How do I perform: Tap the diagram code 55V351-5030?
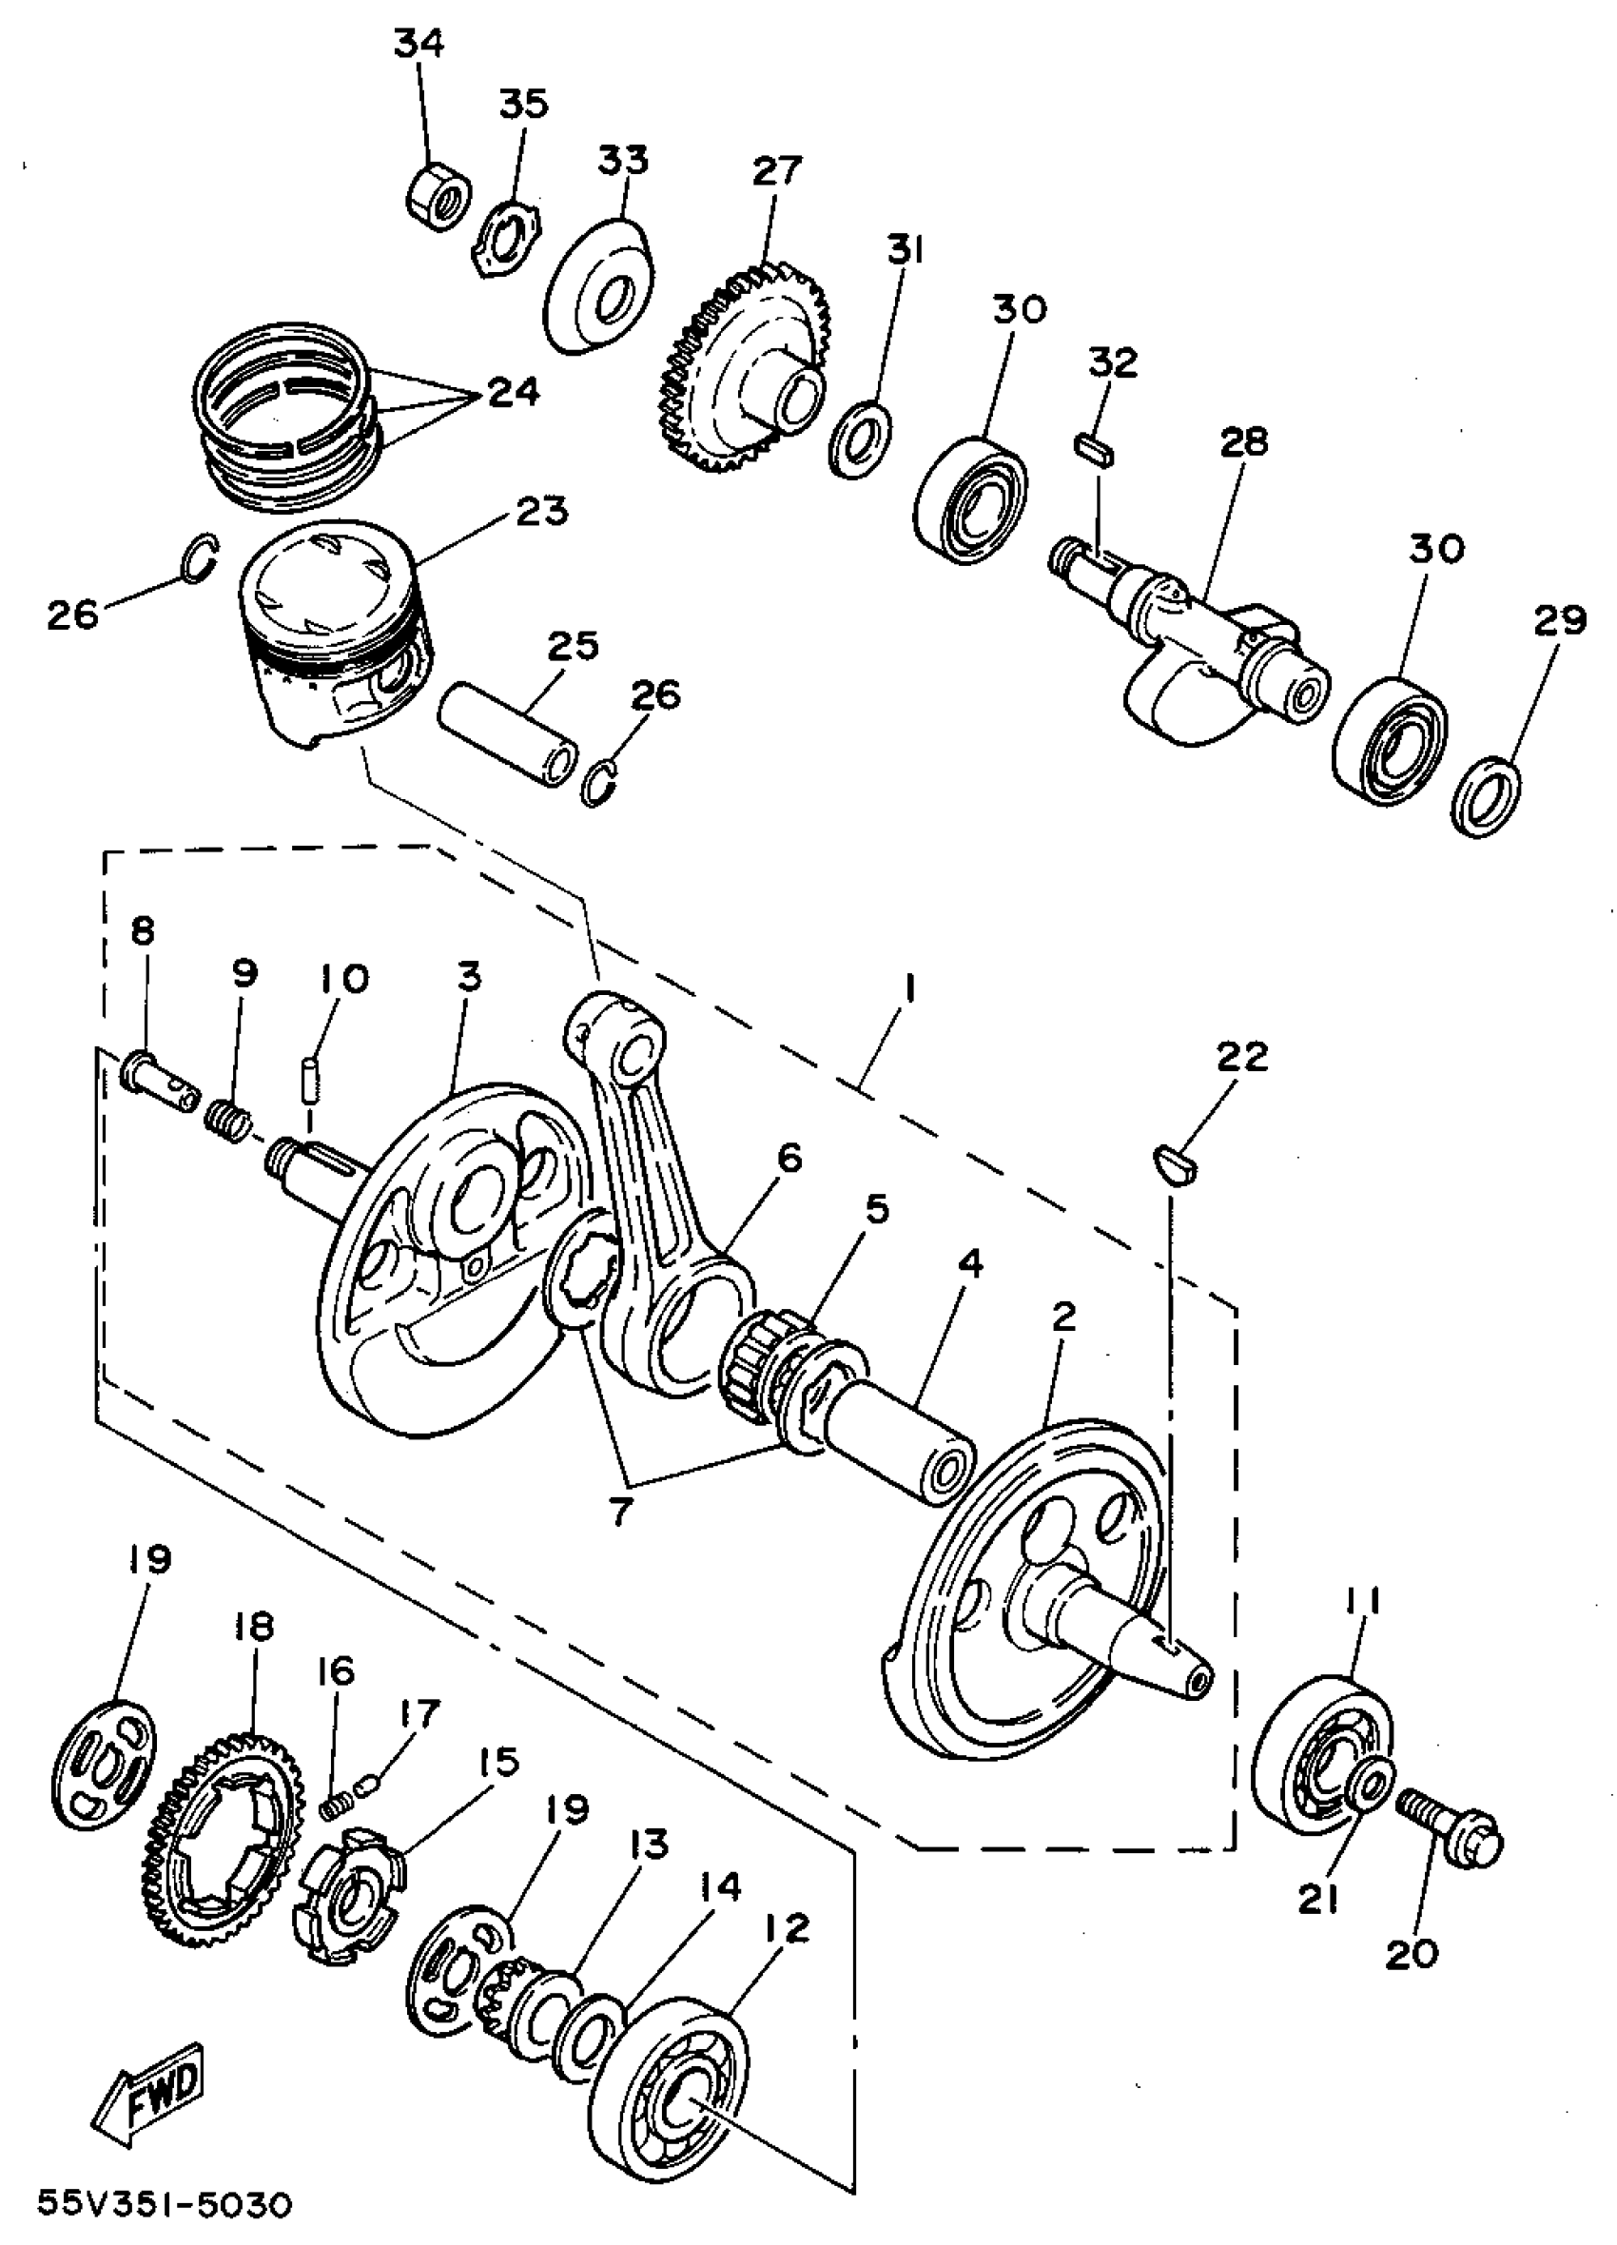click(x=166, y=2204)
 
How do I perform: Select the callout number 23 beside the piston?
click(x=542, y=512)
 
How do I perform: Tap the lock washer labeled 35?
click(x=507, y=243)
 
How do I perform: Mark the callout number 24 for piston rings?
click(x=513, y=391)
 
